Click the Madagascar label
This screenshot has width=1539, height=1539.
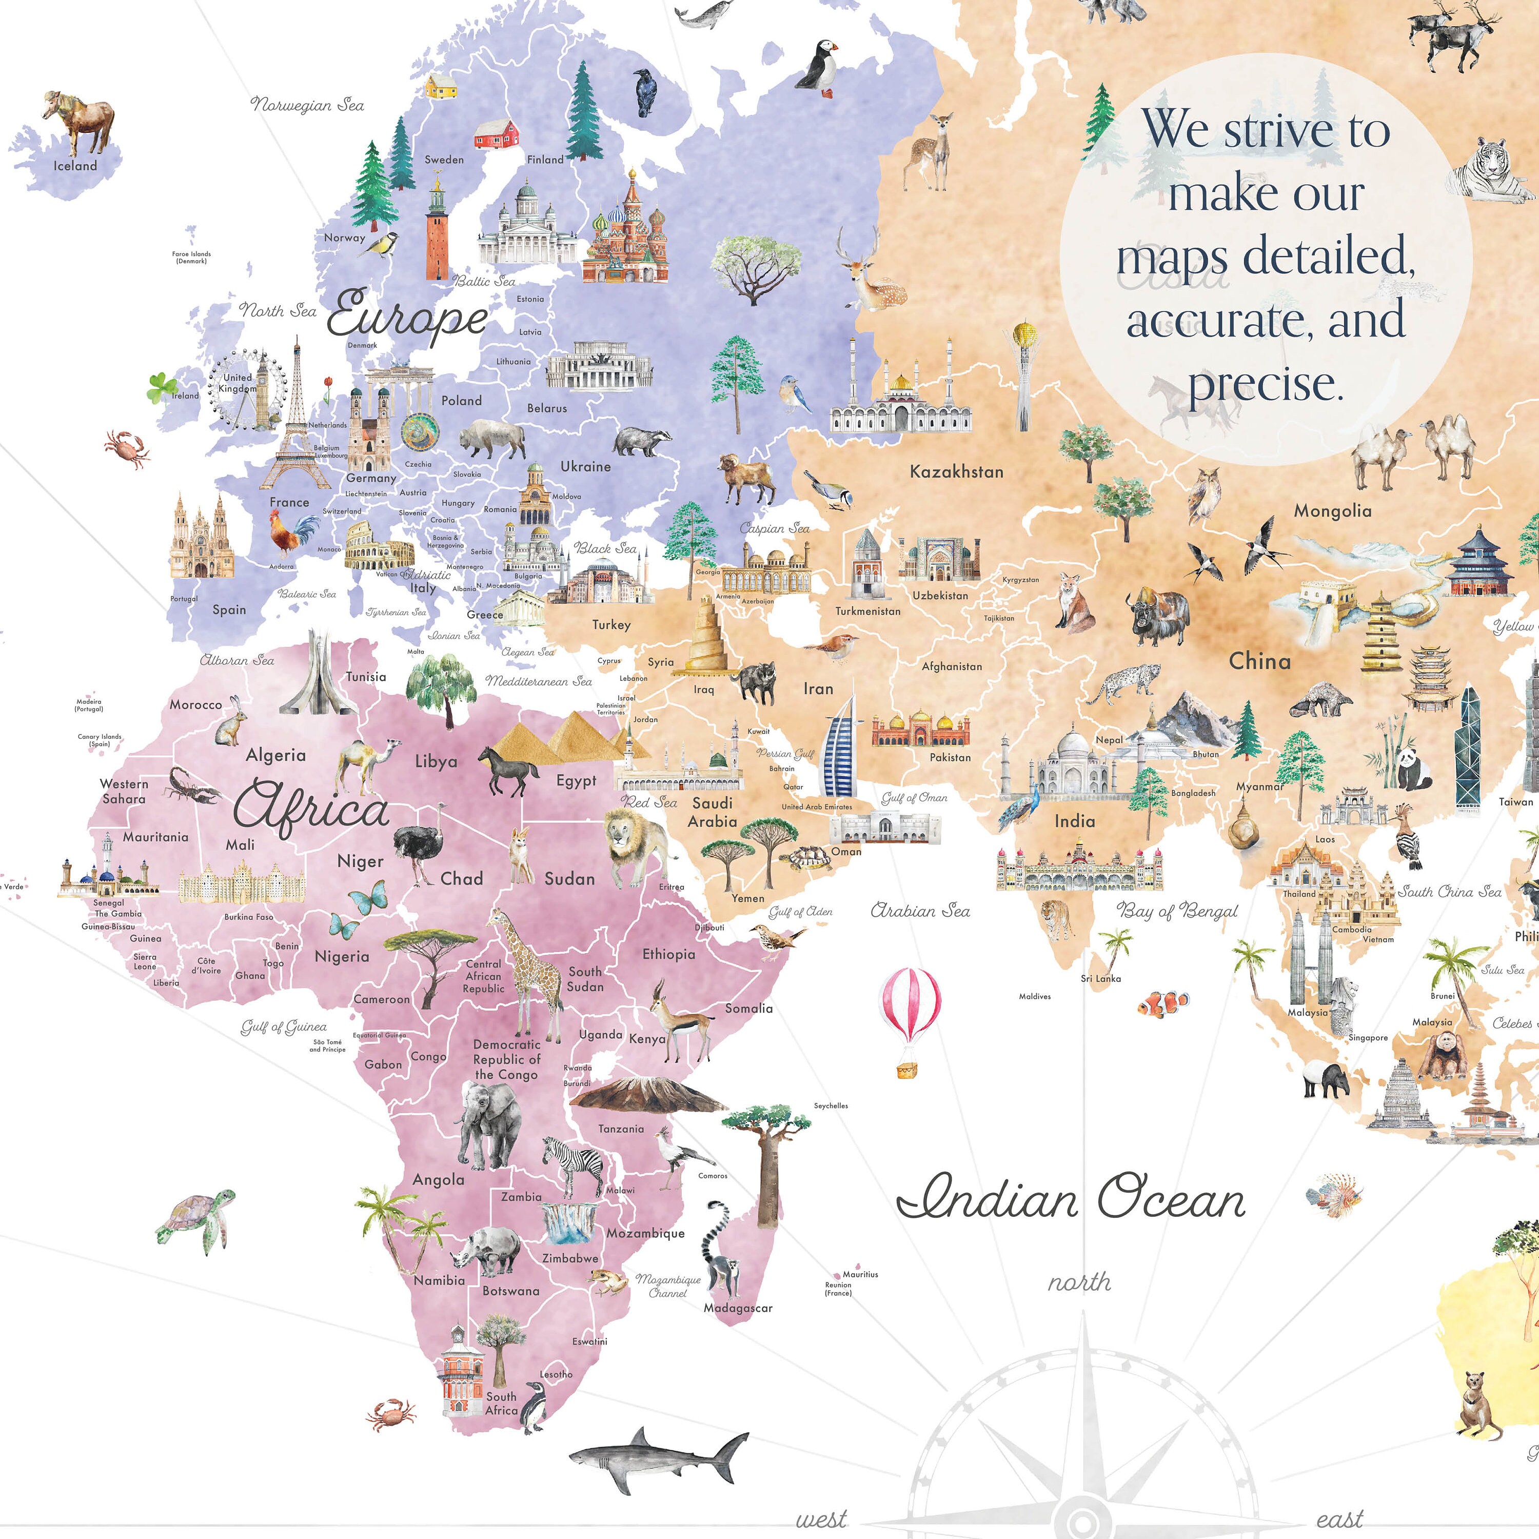(738, 1308)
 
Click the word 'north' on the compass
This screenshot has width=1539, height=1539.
(1078, 1281)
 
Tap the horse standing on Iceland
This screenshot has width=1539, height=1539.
(80, 120)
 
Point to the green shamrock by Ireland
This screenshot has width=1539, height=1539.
(162, 388)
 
